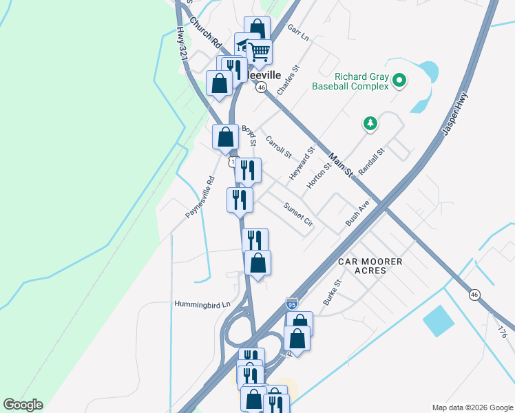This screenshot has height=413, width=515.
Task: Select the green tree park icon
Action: tap(371, 123)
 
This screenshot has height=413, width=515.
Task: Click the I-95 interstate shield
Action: tap(292, 303)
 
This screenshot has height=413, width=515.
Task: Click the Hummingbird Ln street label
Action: tap(201, 304)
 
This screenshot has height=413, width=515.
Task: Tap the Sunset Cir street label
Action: tap(298, 213)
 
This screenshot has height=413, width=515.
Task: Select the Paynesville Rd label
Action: tap(200, 198)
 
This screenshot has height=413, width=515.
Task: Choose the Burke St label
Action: tap(332, 293)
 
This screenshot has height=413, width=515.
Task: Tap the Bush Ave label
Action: tap(358, 213)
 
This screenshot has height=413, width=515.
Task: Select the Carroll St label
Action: tap(279, 145)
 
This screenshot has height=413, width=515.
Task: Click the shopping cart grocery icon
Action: tap(260, 51)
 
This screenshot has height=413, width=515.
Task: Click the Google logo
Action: tap(23, 405)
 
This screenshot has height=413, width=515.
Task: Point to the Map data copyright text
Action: tap(472, 407)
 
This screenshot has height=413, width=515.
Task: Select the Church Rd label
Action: tap(203, 32)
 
